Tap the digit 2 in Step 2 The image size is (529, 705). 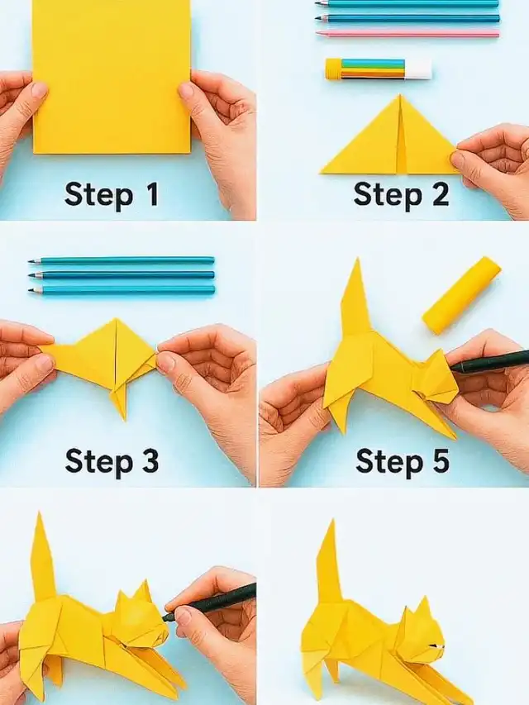[x=440, y=194]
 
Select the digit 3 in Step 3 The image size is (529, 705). [x=149, y=460]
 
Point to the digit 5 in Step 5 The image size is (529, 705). [x=440, y=460]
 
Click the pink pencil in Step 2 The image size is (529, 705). [x=407, y=33]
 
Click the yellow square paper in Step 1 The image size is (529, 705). [x=112, y=76]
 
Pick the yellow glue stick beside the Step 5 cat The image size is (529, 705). [x=461, y=294]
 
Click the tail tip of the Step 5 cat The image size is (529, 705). [x=357, y=259]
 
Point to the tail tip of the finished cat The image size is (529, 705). [x=333, y=521]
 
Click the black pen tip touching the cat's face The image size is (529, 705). [x=167, y=617]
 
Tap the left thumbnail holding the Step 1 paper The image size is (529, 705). [x=39, y=90]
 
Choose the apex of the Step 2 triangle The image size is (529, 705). [x=399, y=95]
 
